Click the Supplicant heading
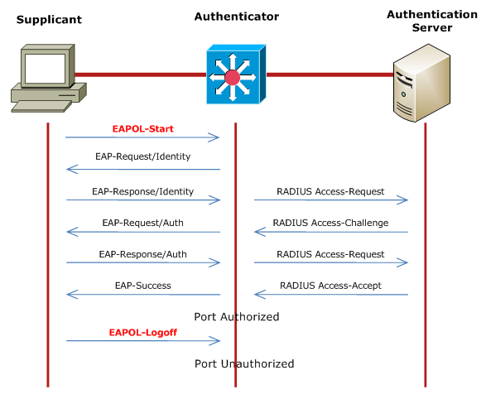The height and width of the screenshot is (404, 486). click(49, 19)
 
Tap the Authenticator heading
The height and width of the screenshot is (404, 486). click(237, 17)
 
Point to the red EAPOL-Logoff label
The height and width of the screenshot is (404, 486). click(142, 333)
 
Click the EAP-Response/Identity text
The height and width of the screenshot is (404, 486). click(142, 191)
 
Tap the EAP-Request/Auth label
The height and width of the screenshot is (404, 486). click(142, 223)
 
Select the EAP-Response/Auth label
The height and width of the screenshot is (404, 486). click(142, 254)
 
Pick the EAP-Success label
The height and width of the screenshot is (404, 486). click(142, 286)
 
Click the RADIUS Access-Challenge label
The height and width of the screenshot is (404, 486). click(330, 223)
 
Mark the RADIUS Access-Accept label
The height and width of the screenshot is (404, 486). click(330, 286)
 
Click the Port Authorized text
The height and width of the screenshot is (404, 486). click(237, 316)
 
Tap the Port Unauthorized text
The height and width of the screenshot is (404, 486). click(244, 363)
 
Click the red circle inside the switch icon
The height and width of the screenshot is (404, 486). click(233, 77)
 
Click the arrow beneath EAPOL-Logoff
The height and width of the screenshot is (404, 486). click(142, 341)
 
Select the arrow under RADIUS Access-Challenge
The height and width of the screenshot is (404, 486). click(330, 232)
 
